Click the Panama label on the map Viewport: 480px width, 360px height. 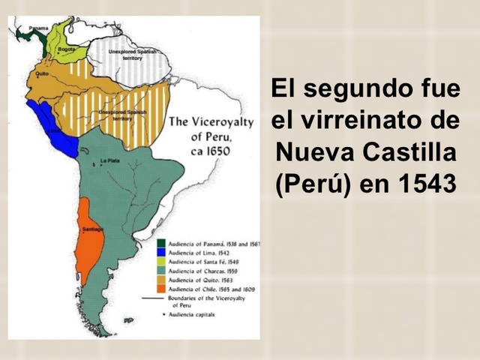(38, 28)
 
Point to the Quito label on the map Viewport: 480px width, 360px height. (42, 74)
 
